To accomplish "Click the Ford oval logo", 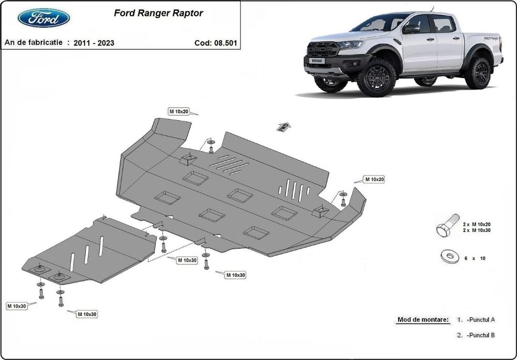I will (x=44, y=18).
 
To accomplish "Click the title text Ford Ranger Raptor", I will (x=158, y=13).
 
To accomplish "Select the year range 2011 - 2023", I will (x=94, y=43).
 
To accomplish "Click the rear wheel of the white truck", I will (x=478, y=73).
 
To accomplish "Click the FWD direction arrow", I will (x=284, y=126).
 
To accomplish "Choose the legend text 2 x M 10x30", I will (x=476, y=230).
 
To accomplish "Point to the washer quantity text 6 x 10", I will (x=475, y=258).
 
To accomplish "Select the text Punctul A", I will (x=481, y=320).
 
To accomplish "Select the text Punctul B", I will (x=481, y=335).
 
